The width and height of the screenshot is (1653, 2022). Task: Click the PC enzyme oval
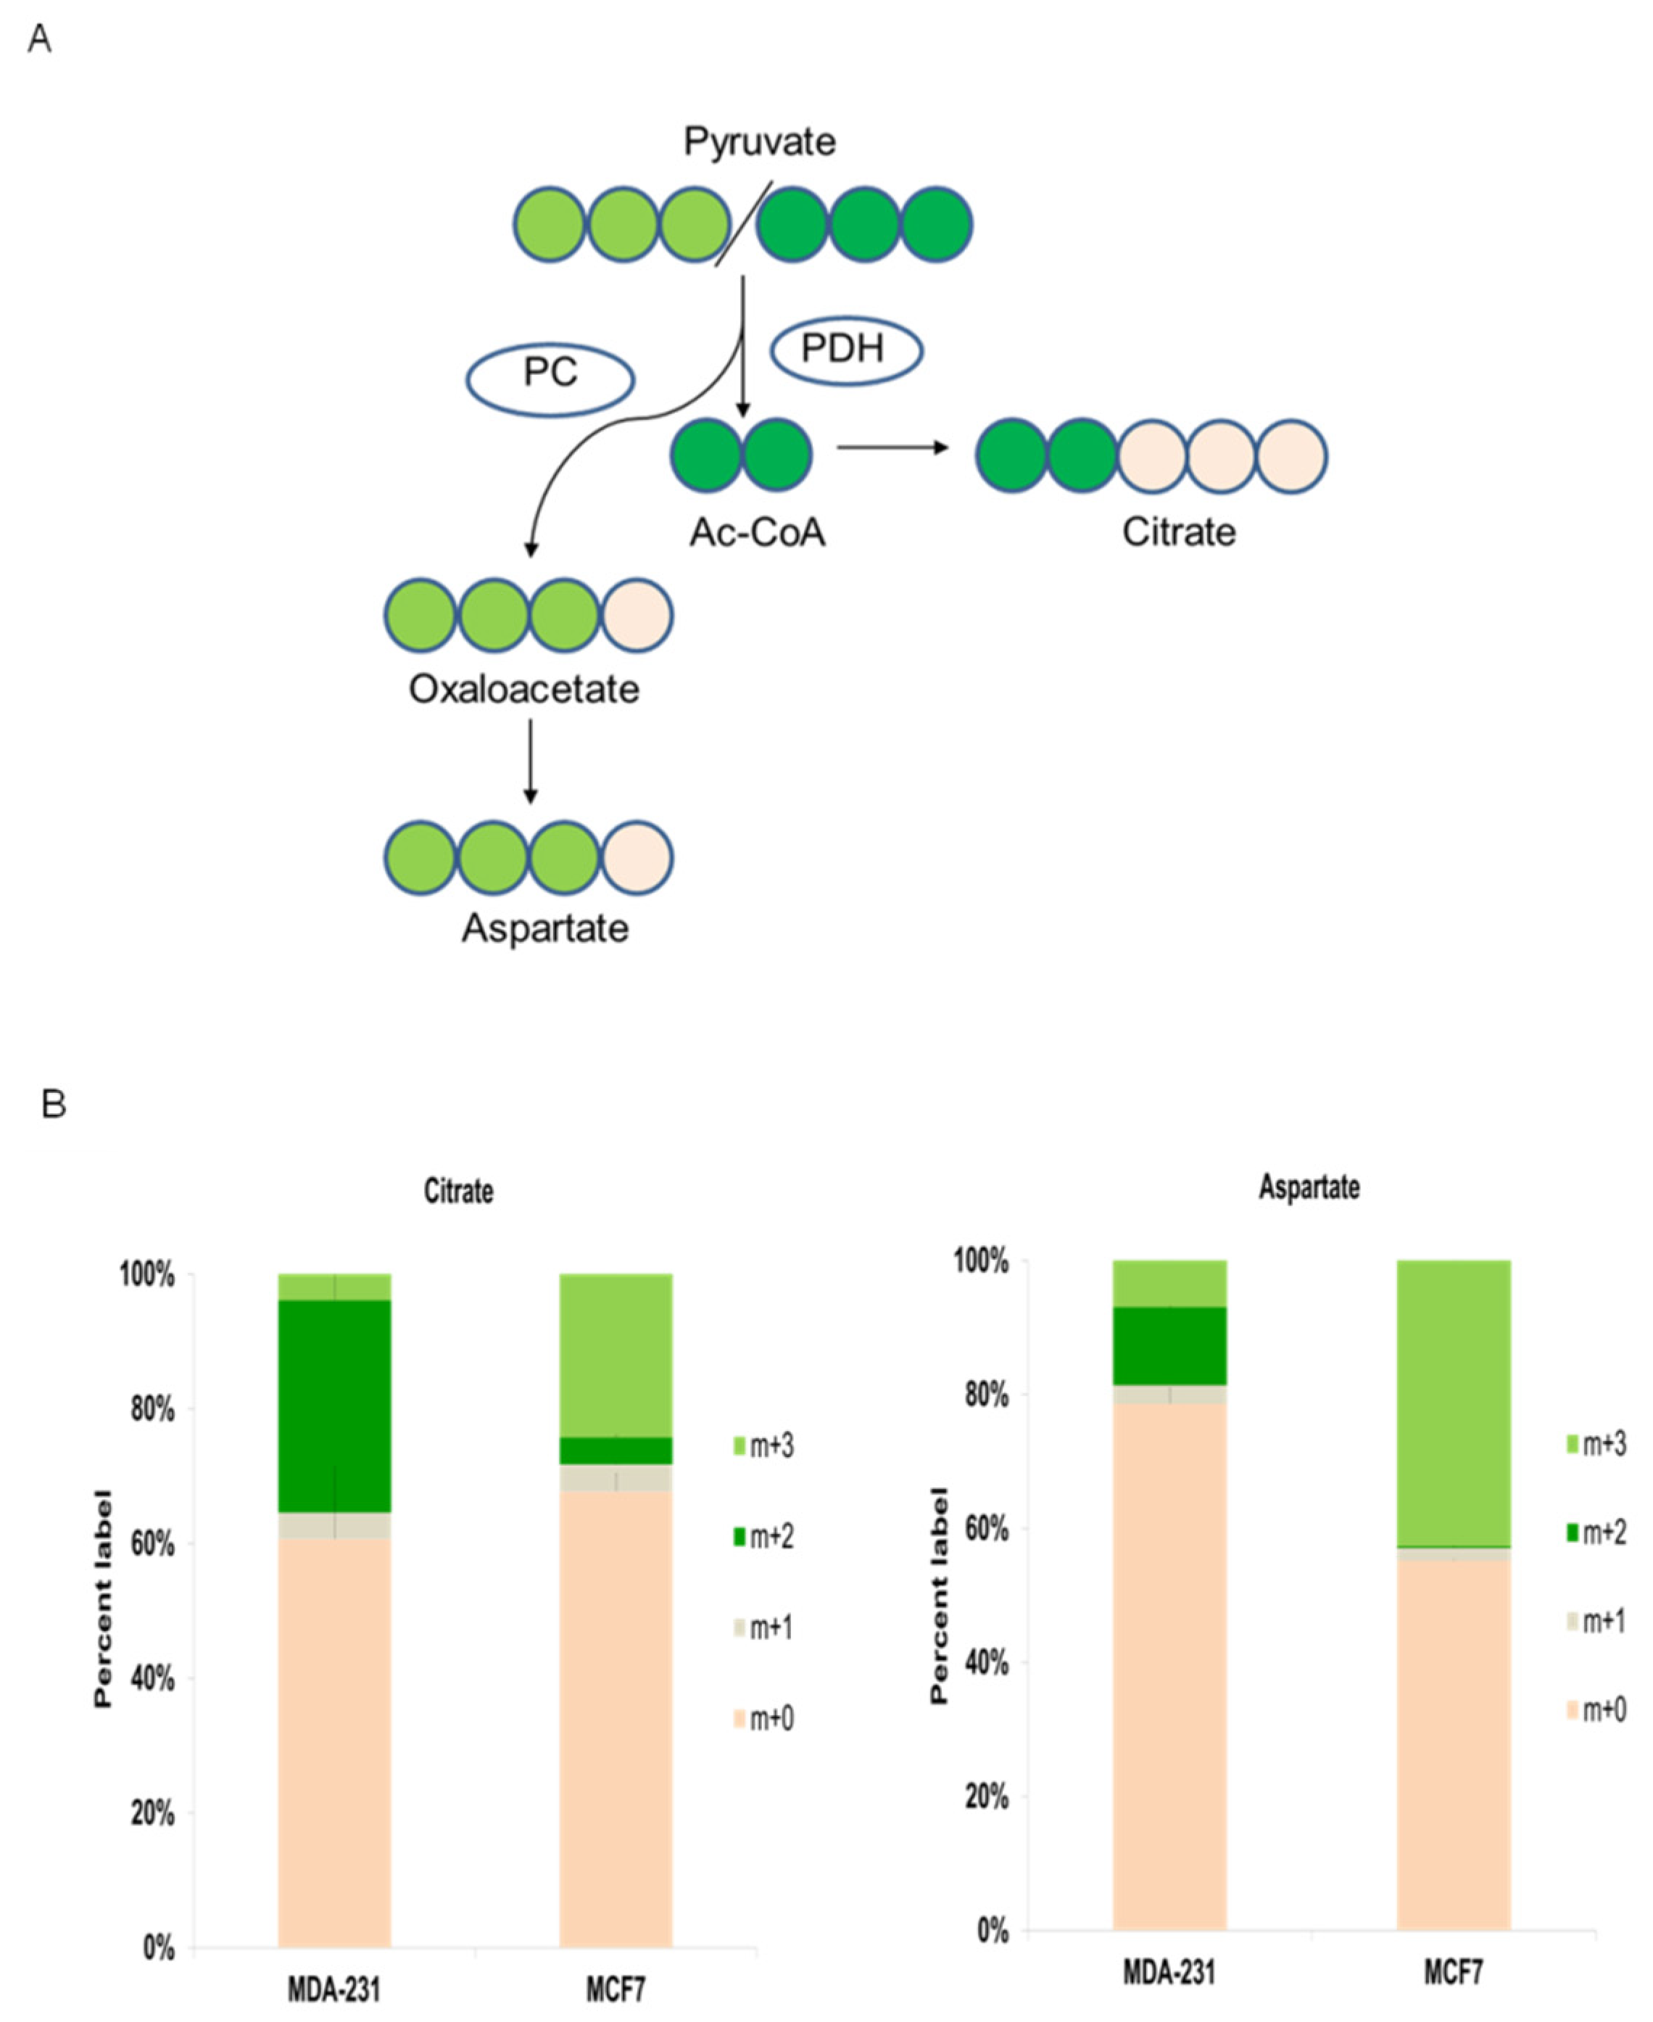click(x=550, y=378)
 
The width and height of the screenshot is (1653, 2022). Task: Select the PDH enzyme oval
click(x=845, y=350)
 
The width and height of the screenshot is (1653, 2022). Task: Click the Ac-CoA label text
click(x=757, y=532)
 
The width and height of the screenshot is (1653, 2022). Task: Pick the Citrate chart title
click(x=458, y=1192)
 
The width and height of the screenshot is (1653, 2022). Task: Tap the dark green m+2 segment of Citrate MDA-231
click(x=334, y=1405)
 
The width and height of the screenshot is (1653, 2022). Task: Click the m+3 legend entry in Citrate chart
click(x=763, y=1445)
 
